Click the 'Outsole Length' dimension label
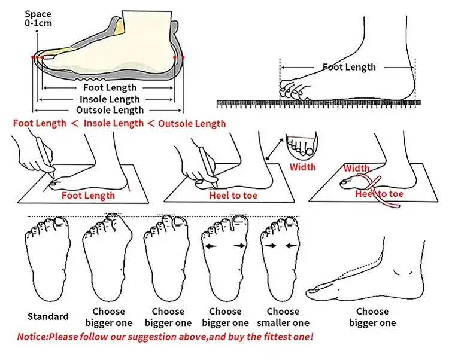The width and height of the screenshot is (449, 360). pyautogui.click(x=110, y=110)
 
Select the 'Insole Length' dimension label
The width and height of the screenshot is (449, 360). pyautogui.click(x=110, y=99)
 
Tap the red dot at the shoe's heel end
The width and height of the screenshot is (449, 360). pyautogui.click(x=183, y=56)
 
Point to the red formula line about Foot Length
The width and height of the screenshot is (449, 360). pyautogui.click(x=119, y=124)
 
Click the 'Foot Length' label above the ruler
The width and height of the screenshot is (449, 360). pyautogui.click(x=349, y=67)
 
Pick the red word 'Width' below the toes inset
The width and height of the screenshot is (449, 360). pyautogui.click(x=303, y=167)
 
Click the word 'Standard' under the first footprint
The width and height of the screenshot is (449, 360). pyautogui.click(x=48, y=316)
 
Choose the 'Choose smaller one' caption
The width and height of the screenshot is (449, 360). pyautogui.click(x=283, y=317)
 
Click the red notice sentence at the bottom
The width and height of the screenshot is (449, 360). pyautogui.click(x=165, y=337)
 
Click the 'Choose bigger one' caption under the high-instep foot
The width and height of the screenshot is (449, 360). pyautogui.click(x=372, y=317)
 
